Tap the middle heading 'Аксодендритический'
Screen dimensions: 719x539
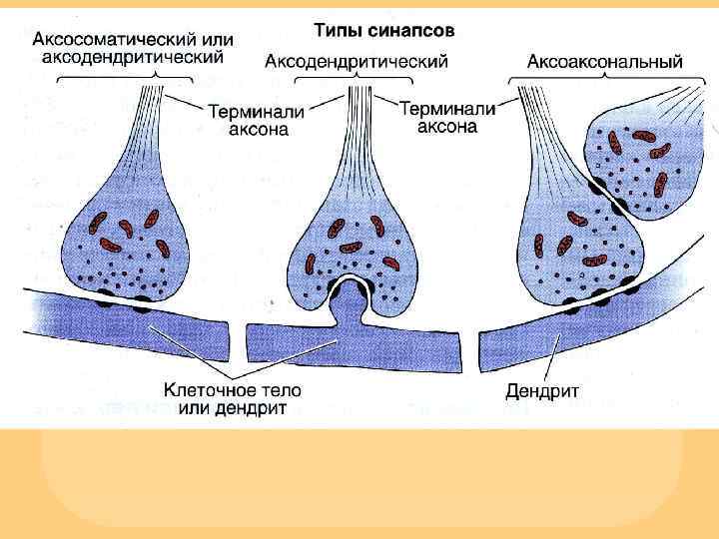357,61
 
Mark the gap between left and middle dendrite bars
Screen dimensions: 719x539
237,339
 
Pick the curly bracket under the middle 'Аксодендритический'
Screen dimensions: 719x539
356,80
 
